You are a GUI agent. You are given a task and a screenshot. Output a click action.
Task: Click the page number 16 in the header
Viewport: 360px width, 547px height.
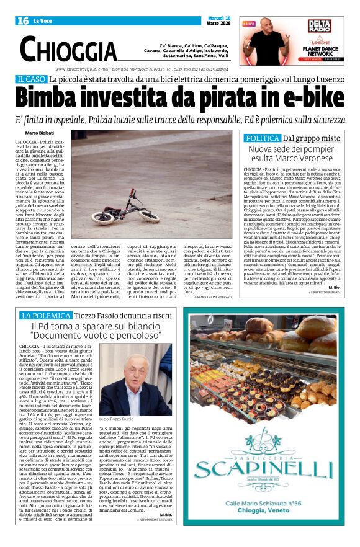(24, 21)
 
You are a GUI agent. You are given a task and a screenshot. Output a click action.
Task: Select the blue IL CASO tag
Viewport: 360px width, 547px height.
(31, 79)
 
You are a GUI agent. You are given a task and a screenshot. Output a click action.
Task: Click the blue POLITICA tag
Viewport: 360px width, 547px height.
(262, 138)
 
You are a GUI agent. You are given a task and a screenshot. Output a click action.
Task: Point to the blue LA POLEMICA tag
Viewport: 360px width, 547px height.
(55, 316)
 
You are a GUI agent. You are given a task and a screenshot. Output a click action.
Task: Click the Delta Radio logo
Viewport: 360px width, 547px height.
(322, 26)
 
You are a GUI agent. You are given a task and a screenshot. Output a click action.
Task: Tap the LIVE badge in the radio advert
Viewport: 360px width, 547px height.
(249, 24)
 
